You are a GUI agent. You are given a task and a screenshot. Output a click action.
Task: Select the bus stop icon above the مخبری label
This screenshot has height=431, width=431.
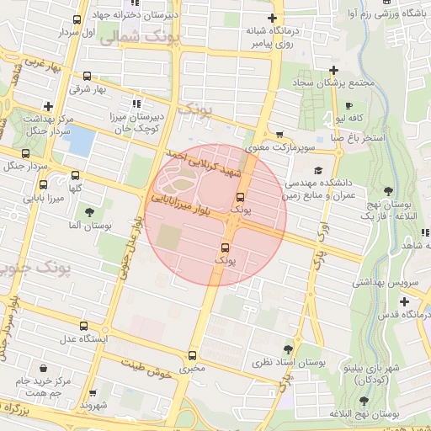click(x=193, y=354)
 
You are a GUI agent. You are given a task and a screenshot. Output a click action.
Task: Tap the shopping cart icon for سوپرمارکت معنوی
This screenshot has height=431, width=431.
click(x=279, y=135)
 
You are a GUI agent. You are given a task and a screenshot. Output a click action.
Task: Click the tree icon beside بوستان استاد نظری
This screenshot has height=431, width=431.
click(x=289, y=349)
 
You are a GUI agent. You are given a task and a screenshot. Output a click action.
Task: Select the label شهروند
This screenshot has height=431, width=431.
click(x=95, y=406)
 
